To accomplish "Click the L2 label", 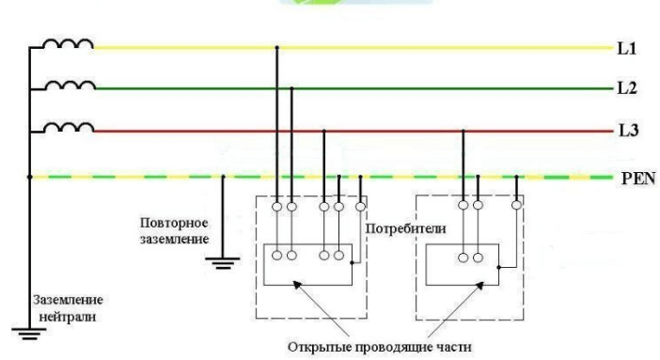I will [627, 88].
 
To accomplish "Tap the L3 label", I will [627, 132].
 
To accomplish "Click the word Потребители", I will [392, 228].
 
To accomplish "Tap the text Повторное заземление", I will [173, 231].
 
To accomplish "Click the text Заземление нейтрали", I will [70, 305].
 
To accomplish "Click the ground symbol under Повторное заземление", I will [222, 262].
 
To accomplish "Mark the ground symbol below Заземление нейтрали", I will [29, 331].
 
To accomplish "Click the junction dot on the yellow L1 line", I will [276, 46].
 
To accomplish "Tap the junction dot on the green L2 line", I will [292, 89].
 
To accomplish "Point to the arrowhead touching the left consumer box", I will [308, 289].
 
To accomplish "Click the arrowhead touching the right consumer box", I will [462, 288].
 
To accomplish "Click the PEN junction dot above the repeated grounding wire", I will [222, 176].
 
